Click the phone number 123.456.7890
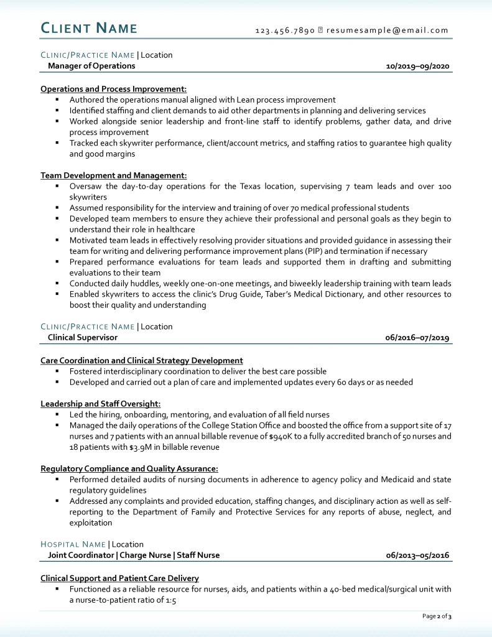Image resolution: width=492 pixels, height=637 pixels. click(285, 30)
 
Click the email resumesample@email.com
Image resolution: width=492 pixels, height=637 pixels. click(388, 30)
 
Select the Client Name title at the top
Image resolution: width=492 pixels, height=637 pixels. click(89, 28)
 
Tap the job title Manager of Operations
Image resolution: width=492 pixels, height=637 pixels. click(91, 66)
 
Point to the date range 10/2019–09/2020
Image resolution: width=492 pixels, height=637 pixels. click(417, 66)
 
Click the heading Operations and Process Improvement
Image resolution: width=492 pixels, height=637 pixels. click(113, 89)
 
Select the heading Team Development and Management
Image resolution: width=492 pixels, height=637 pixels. click(113, 175)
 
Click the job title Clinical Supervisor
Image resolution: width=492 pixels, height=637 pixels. click(83, 338)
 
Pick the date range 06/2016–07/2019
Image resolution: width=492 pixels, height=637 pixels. click(417, 338)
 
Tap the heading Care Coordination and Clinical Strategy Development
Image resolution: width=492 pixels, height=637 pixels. click(142, 360)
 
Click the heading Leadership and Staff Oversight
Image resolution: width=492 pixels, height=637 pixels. click(100, 404)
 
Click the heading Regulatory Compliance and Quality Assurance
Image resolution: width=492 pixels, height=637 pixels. click(129, 468)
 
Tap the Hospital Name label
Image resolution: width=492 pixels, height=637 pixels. click(73, 544)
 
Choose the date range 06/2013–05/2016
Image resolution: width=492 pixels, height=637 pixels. click(417, 555)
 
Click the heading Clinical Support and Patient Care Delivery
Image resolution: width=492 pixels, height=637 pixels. click(119, 578)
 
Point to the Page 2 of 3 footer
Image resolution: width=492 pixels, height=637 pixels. click(437, 616)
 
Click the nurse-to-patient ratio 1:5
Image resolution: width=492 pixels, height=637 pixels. click(170, 600)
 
